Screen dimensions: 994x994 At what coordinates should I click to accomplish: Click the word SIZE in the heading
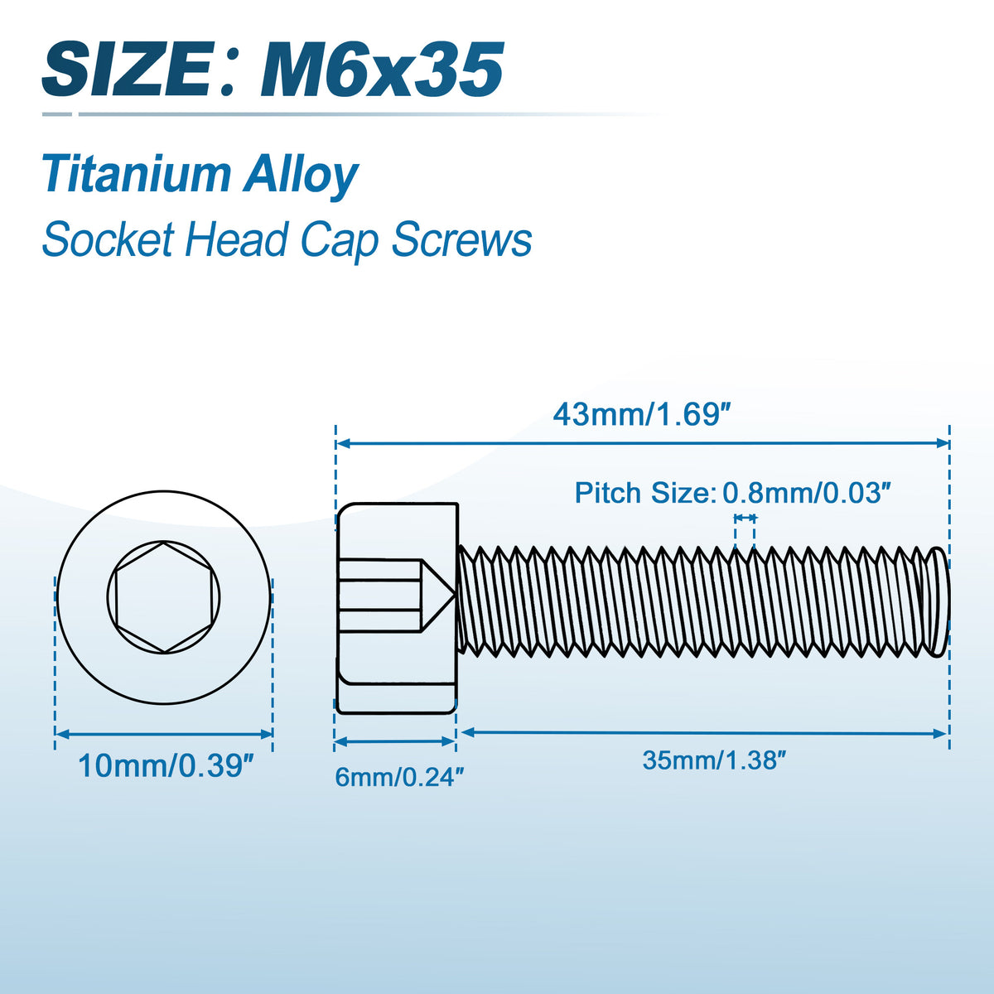point(128,70)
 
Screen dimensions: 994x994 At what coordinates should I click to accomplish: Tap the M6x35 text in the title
point(381,70)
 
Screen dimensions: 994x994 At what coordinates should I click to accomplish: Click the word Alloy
point(301,176)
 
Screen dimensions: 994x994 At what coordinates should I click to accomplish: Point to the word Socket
point(108,239)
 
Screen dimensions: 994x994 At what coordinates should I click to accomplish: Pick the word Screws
point(461,240)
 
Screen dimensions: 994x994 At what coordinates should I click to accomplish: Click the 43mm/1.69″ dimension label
point(642,415)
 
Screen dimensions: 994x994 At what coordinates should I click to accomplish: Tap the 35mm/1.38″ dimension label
point(714,760)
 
